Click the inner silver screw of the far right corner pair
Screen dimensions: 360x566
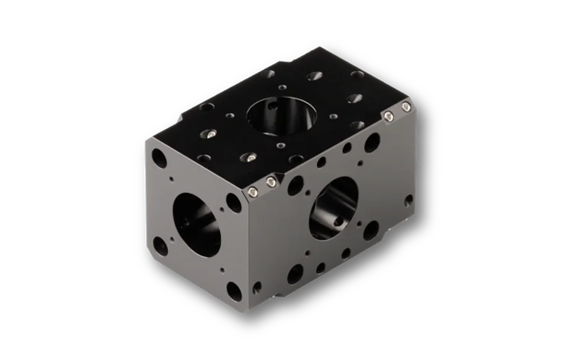(390, 116)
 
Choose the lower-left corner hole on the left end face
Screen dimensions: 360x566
(160, 244)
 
